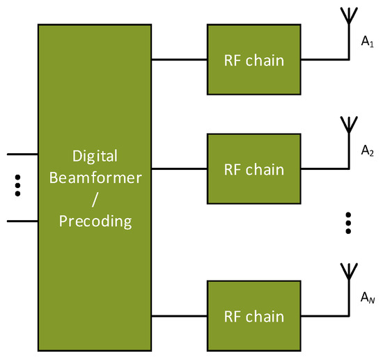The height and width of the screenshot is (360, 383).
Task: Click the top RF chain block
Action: (x=253, y=59)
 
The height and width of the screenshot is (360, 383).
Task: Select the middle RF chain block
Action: (x=253, y=169)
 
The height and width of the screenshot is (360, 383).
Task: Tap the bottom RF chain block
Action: (x=253, y=316)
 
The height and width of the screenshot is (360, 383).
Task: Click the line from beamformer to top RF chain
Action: (x=179, y=59)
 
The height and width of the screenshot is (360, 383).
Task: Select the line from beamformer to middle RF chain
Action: (x=179, y=169)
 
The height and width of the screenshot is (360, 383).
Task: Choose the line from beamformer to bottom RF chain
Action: (x=179, y=316)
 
